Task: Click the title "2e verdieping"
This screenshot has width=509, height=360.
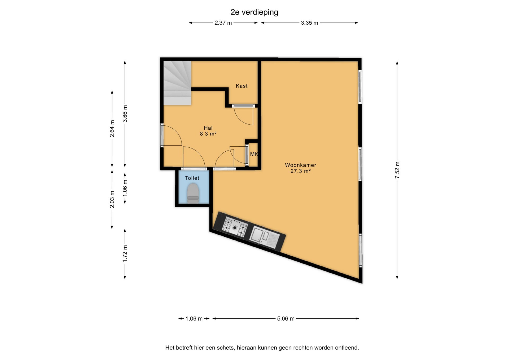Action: pyautogui.click(x=254, y=12)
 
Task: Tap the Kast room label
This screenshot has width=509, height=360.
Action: pyautogui.click(x=242, y=86)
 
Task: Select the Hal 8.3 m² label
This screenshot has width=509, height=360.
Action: pyautogui.click(x=208, y=131)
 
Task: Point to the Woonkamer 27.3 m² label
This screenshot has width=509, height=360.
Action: pyautogui.click(x=301, y=168)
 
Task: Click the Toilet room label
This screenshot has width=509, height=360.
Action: pyautogui.click(x=192, y=178)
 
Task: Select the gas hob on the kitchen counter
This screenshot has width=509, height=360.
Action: pyautogui.click(x=235, y=227)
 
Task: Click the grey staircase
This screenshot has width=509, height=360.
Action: pyautogui.click(x=177, y=83)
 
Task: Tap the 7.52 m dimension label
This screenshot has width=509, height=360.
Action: pyautogui.click(x=397, y=170)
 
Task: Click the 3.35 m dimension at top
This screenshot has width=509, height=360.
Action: pyautogui.click(x=309, y=23)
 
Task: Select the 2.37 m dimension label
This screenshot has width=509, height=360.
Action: pyautogui.click(x=223, y=23)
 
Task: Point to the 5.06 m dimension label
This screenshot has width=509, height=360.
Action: pyautogui.click(x=286, y=319)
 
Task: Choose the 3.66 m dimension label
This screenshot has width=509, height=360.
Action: pyautogui.click(x=125, y=114)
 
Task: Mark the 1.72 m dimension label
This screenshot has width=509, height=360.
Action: pyautogui.click(x=125, y=254)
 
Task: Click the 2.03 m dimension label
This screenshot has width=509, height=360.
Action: pyautogui.click(x=112, y=199)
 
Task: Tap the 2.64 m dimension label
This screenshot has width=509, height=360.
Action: pyautogui.click(x=112, y=129)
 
